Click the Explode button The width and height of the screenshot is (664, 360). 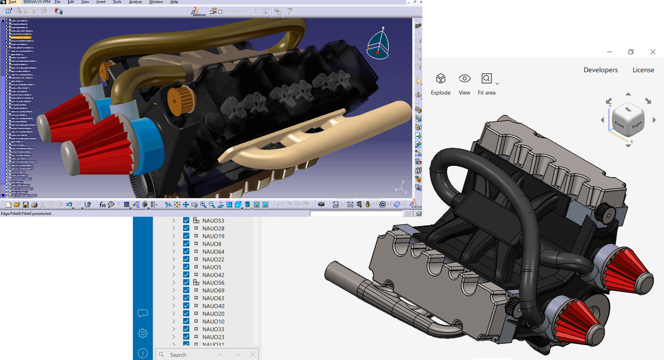pos(440,84)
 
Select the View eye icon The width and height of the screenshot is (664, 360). pos(464,84)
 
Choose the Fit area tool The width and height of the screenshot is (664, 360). pos(486,84)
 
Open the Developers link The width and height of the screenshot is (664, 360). pos(600,70)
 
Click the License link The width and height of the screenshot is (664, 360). pos(643,70)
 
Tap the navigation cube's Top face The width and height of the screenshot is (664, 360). pos(627,111)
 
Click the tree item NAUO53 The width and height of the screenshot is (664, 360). pos(213,221)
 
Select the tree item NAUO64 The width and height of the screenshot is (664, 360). pos(213,252)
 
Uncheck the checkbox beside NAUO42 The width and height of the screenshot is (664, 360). pos(186,275)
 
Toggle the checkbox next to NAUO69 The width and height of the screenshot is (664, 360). pos(186,290)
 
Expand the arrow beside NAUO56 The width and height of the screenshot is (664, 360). pos(173,283)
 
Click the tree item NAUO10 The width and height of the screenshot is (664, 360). pos(213,321)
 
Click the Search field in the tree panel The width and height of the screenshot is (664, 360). pos(188,354)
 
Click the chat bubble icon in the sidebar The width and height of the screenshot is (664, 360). pos(143,314)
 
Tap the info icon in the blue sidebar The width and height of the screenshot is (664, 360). pos(143,353)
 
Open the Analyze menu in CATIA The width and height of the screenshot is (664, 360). pos(135,2)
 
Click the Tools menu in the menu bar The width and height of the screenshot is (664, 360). pos(117,2)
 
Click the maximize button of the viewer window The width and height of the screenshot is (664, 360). pos(630,52)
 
